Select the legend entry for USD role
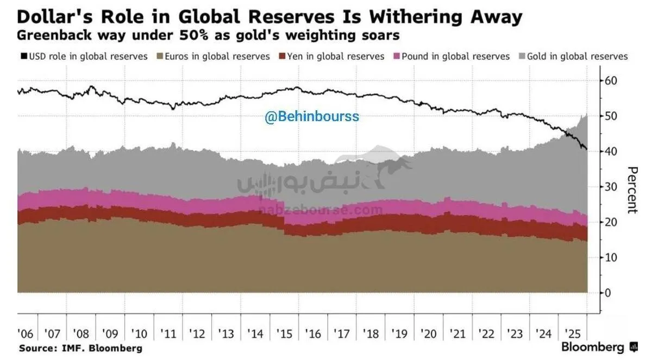84,56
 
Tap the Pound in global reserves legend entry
455,56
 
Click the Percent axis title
632,190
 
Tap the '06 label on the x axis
26,333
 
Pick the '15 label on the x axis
285,333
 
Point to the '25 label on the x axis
571,333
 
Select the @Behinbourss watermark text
312,117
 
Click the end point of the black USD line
586,149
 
